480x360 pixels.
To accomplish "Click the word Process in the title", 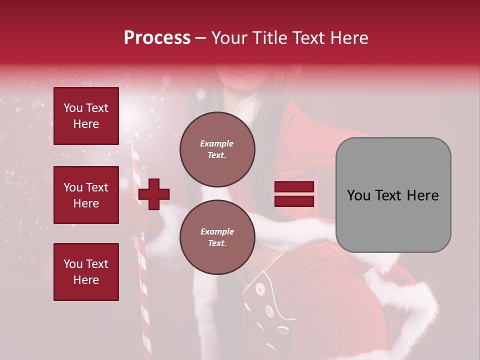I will coord(157,38).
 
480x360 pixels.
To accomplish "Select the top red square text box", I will coord(86,116).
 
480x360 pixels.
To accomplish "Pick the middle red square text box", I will coord(86,195).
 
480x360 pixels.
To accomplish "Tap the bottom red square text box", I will coord(86,272).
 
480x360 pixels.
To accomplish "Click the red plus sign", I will coord(154,194).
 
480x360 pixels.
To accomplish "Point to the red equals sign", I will coord(294,194).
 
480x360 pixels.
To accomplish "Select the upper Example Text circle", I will coord(217,149).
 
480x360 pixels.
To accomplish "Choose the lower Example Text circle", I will coord(217,237).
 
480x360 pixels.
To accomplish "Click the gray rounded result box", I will coord(393,195).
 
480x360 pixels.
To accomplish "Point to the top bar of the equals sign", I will coord(294,187).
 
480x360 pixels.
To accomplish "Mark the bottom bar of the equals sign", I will coord(294,201).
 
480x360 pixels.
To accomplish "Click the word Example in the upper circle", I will coord(217,143).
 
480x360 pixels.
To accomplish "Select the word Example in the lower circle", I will coord(217,231).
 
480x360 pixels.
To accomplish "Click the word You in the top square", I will coord(73,108).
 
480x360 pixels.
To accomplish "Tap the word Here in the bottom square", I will coord(86,280).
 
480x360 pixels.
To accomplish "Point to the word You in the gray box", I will coord(358,195).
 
